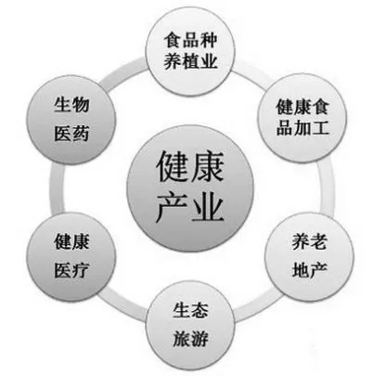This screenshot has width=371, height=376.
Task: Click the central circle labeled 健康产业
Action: click(190, 189)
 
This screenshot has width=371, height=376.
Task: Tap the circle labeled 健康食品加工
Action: click(302, 118)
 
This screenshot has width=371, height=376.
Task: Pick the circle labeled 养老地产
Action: click(309, 255)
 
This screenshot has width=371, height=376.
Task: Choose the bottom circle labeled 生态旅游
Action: click(190, 326)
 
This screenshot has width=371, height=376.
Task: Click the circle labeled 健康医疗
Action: click(71, 255)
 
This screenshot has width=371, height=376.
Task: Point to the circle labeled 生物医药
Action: click(71, 120)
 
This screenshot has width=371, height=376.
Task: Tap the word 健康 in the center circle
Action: click(189, 166)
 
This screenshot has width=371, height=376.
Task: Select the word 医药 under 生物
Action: click(71, 134)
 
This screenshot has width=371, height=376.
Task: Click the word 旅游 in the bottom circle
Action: click(190, 339)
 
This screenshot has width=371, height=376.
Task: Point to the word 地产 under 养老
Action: click(309, 269)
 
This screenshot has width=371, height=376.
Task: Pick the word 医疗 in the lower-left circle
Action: click(71, 270)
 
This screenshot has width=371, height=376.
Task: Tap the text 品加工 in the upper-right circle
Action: click(302, 127)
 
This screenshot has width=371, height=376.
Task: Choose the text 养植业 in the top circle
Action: click(191, 60)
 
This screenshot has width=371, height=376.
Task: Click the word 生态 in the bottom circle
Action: click(190, 310)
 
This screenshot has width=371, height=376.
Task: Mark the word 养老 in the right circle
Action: click(309, 241)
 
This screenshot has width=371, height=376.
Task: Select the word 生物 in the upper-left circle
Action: click(71, 105)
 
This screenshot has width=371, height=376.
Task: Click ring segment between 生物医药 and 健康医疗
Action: click(57, 188)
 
